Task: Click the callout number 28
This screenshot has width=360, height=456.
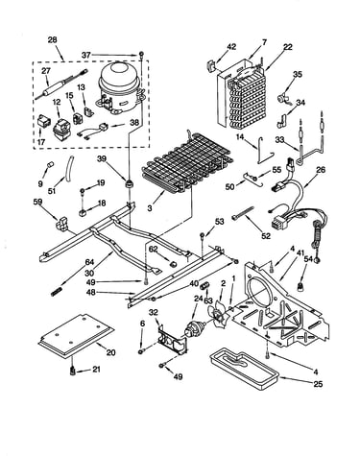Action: click(x=52, y=40)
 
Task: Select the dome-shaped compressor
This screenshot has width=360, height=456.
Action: click(x=119, y=87)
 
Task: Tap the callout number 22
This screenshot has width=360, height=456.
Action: click(x=288, y=47)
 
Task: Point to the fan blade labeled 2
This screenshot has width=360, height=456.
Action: click(x=218, y=315)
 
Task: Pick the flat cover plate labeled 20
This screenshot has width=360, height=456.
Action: click(x=76, y=335)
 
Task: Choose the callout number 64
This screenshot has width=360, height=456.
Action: click(x=89, y=262)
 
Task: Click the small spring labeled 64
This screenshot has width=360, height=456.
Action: click(x=56, y=292)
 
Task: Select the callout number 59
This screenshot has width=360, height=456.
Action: click(x=38, y=202)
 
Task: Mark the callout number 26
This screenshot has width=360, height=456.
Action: click(x=320, y=170)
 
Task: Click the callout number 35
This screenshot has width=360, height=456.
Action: click(x=298, y=74)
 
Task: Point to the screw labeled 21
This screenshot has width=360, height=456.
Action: click(x=73, y=372)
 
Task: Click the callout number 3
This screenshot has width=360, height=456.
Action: click(x=150, y=208)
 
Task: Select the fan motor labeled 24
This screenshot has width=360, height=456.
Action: click(x=194, y=329)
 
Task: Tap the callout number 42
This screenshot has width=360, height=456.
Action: click(x=231, y=47)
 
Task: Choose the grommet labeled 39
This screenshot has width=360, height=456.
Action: click(x=129, y=184)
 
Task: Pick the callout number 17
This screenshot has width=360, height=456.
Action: click(x=41, y=142)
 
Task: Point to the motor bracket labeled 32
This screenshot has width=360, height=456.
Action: click(x=172, y=339)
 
